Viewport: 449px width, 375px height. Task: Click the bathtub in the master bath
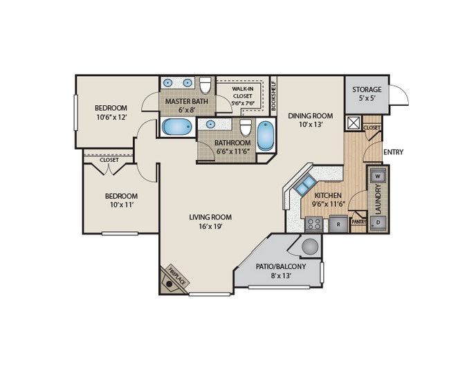point(176,127)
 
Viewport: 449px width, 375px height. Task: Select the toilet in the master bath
point(205,85)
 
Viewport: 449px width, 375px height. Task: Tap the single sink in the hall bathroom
point(209,125)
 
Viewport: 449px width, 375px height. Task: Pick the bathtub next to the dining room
point(265,136)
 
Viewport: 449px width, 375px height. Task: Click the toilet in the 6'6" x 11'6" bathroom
point(245,127)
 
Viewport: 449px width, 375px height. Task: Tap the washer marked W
point(378,176)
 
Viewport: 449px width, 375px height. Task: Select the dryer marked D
point(378,222)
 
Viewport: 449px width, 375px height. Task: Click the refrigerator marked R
point(338,224)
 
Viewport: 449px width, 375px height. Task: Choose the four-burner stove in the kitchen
point(314,224)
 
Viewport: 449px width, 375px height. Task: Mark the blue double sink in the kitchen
point(304,185)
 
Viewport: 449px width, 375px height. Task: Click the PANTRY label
point(358,222)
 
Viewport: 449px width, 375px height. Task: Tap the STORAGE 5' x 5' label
point(367,94)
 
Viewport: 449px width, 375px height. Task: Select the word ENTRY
point(393,152)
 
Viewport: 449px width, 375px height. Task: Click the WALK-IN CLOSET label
point(242,95)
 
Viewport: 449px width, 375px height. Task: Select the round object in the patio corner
point(310,246)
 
